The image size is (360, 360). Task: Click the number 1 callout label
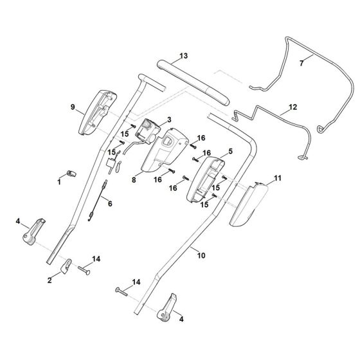point(59,183)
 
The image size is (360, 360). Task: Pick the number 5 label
point(110,204)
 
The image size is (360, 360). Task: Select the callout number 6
point(301,64)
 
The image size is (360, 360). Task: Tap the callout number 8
point(72,107)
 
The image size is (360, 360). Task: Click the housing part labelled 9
point(278,177)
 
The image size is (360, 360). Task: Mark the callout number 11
point(184,57)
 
